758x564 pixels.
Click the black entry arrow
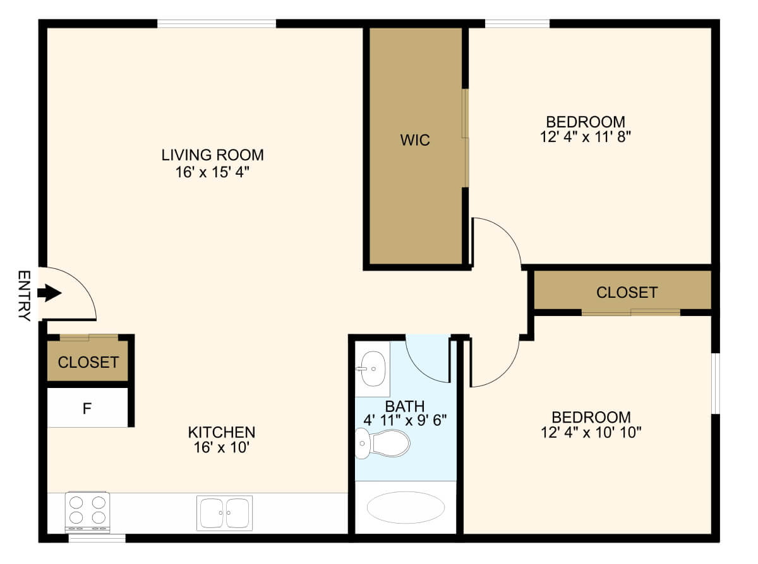click(x=50, y=293)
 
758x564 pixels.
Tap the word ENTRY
click(x=24, y=296)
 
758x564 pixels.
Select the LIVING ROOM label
click(x=212, y=155)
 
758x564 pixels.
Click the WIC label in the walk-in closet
click(x=415, y=140)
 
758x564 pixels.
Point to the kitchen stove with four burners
click(x=87, y=510)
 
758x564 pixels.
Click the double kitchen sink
click(x=224, y=512)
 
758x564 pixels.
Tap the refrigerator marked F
click(x=87, y=408)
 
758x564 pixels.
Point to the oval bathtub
click(x=406, y=507)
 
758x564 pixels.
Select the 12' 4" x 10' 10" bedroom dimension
click(x=591, y=433)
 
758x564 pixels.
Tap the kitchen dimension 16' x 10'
click(x=222, y=448)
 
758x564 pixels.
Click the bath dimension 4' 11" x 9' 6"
click(x=404, y=420)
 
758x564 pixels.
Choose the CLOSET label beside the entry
click(x=88, y=363)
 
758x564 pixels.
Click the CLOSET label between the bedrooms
click(x=627, y=293)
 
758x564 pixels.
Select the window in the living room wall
click(x=217, y=24)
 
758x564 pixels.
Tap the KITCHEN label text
click(x=222, y=432)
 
